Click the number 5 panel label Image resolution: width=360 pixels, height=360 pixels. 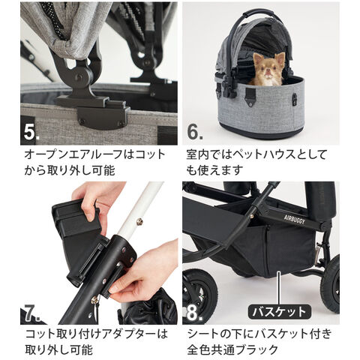pyautogui.click(x=31, y=132)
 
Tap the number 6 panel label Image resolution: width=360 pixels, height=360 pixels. pyautogui.click(x=195, y=132)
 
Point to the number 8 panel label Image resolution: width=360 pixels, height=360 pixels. pyautogui.click(x=194, y=313)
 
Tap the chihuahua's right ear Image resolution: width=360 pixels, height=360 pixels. pyautogui.click(x=280, y=58)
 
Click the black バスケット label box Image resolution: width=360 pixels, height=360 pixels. pyautogui.click(x=279, y=312)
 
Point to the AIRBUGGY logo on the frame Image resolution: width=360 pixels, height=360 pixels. pyautogui.click(x=294, y=219)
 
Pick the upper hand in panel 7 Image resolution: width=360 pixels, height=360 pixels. pyautogui.click(x=97, y=200)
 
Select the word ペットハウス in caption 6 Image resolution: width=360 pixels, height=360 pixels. pyautogui.click(x=266, y=155)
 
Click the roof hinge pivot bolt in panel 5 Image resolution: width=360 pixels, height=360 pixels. pyautogui.click(x=79, y=77)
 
